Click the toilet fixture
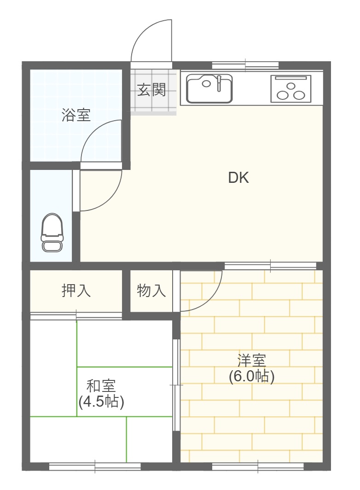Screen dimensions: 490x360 [52, 233]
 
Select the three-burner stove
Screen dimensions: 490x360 [290, 88]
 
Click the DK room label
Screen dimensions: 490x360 [238, 178]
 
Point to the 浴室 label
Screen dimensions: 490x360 [76, 115]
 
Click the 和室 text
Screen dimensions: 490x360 [101, 385]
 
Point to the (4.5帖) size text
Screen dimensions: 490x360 [101, 402]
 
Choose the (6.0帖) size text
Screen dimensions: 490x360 [251, 376]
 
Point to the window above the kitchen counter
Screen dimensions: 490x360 [245, 65]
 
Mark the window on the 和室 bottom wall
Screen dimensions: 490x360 [95, 467]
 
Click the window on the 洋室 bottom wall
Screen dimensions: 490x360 [258, 467]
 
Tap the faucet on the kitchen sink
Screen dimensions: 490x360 [219, 83]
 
